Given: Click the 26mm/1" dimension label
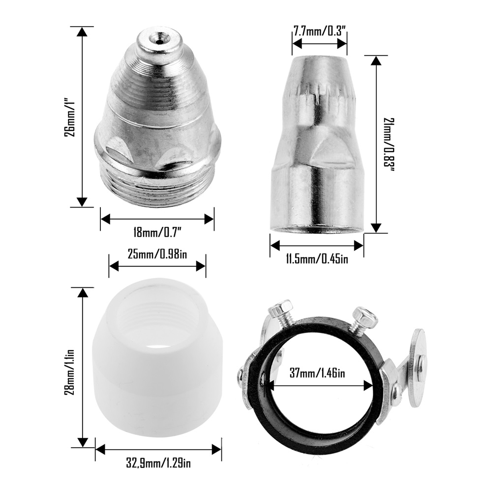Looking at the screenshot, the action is tap(69, 117).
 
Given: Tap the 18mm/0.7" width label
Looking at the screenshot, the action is tap(157, 233).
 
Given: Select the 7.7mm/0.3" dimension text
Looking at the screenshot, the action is tap(319, 31).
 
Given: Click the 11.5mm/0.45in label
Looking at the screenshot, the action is tap(317, 259).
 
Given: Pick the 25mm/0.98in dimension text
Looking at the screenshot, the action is tap(157, 253).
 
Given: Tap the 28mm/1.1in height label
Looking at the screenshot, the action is tap(69, 372).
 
